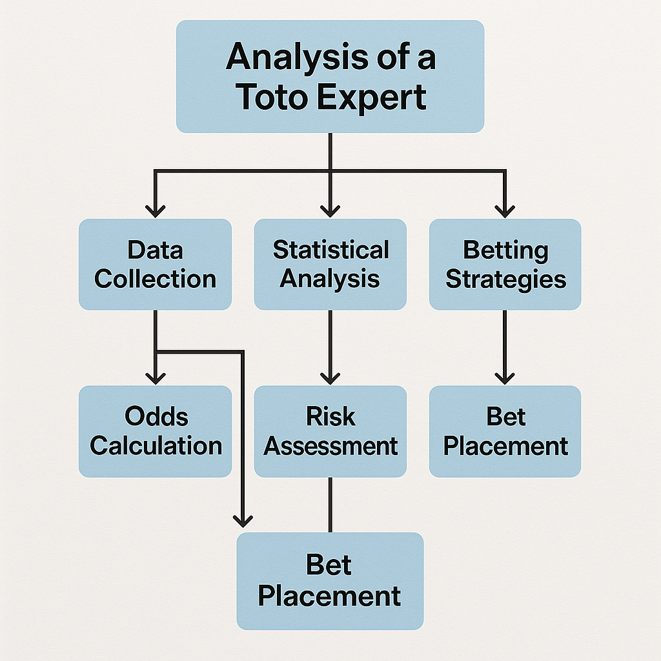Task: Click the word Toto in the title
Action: click(274, 97)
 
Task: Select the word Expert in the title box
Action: click(371, 99)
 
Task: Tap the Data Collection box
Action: click(155, 264)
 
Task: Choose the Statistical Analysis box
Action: click(330, 264)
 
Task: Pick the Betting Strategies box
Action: click(505, 264)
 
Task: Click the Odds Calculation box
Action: click(155, 431)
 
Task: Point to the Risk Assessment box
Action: click(330, 431)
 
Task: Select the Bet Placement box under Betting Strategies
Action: click(505, 431)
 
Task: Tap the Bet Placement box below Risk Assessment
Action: click(330, 581)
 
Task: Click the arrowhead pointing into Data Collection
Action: click(155, 211)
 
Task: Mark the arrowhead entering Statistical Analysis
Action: click(330, 211)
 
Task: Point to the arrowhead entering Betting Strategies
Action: click(505, 211)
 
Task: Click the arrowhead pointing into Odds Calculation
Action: click(155, 378)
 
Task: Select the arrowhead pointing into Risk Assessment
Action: click(330, 378)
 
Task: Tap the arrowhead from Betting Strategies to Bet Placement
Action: click(505, 378)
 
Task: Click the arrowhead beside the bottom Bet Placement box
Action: click(243, 521)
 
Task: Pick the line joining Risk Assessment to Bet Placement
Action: click(330, 505)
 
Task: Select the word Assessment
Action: click(330, 446)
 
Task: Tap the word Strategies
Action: click(506, 280)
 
